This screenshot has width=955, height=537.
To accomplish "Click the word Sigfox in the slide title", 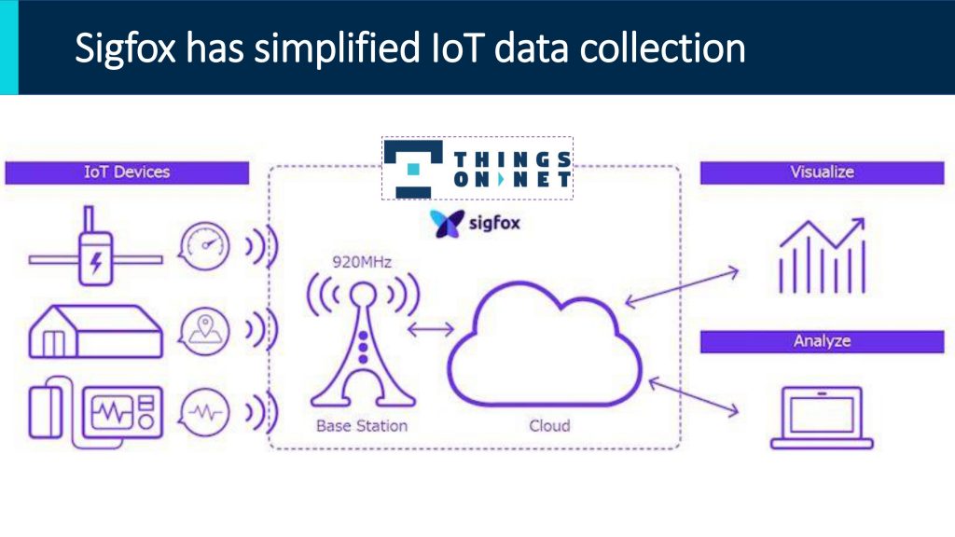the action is [x=126, y=48].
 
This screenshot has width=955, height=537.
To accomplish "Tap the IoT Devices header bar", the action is [x=127, y=172].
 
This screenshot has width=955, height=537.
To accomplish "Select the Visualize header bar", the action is [x=822, y=172].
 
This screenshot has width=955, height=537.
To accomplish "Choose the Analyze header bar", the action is [x=822, y=341].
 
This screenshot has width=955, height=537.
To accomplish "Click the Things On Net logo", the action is [x=477, y=168].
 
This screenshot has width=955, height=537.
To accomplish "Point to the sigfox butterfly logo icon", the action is [x=447, y=224].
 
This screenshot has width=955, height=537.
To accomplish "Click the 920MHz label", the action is [x=362, y=262].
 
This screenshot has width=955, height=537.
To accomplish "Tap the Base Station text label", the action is [x=362, y=425].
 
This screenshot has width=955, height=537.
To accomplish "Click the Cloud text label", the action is [x=549, y=425].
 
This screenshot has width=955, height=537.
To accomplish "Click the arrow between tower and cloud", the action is [x=431, y=329].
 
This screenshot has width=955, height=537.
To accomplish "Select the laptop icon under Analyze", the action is [x=822, y=418].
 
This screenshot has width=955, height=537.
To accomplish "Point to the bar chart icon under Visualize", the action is [x=822, y=255].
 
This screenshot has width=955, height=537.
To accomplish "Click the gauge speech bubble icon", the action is [x=204, y=246].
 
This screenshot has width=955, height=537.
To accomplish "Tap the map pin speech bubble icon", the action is [x=204, y=331].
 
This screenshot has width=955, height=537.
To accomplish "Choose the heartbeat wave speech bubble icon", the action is [x=204, y=412].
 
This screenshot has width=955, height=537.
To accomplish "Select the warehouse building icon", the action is [x=96, y=331].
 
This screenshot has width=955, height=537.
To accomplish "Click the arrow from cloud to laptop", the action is [x=694, y=397].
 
